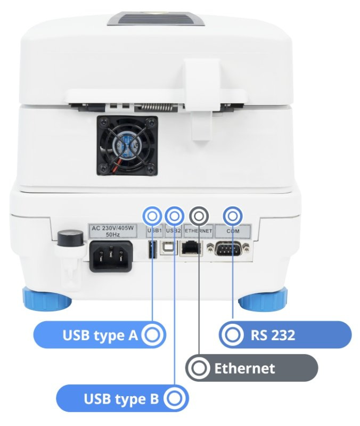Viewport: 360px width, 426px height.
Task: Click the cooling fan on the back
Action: click(127, 145)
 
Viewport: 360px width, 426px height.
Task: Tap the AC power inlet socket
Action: click(111, 256)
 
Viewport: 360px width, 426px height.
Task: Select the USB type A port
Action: click(152, 249)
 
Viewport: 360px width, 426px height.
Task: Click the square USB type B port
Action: click(169, 248)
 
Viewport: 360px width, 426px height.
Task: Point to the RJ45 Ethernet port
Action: click(191, 248)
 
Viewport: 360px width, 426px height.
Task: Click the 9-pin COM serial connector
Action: click(228, 248)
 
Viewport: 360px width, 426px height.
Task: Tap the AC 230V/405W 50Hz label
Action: click(113, 231)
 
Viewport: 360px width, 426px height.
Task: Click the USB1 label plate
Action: click(154, 231)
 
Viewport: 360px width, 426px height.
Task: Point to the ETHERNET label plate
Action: click(198, 231)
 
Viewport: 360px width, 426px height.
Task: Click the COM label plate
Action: click(233, 231)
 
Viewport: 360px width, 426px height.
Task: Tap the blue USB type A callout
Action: click(100, 335)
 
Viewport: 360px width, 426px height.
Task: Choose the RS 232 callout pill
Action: click(285, 335)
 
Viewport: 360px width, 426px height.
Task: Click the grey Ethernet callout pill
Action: click(251, 368)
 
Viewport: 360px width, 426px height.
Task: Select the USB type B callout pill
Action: click(122, 398)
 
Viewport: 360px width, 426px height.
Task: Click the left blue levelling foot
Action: click(47, 299)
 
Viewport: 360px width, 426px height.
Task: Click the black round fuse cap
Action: click(70, 239)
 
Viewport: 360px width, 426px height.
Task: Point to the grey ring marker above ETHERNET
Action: click(199, 216)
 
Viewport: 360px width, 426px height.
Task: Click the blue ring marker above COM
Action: click(233, 216)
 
